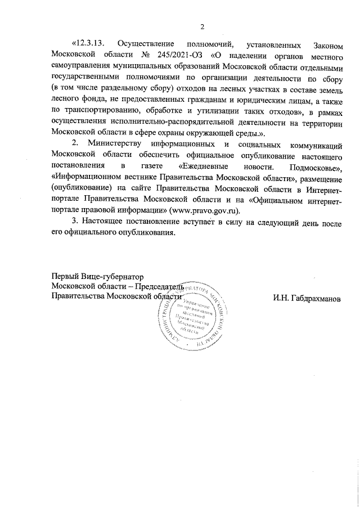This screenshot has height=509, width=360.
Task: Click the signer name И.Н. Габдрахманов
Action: pyautogui.click(x=307, y=298)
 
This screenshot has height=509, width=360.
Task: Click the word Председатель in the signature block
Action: pyautogui.click(x=160, y=287)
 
